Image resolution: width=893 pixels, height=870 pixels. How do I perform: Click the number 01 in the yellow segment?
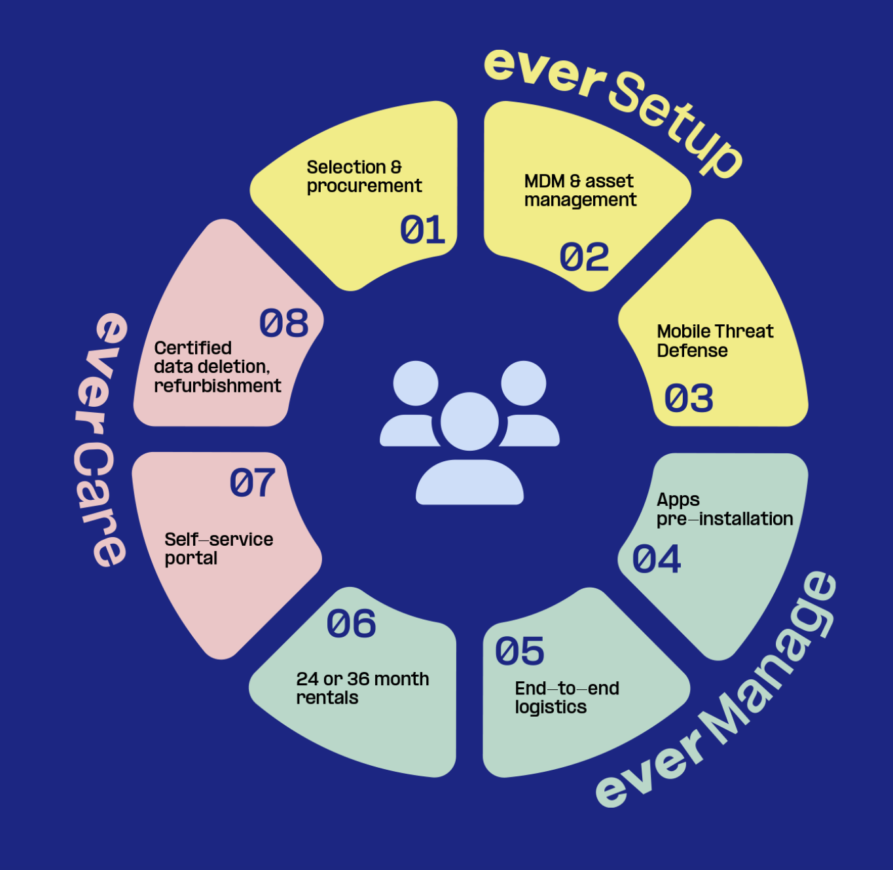pyautogui.click(x=422, y=230)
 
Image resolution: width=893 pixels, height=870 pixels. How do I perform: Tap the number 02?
pyautogui.click(x=584, y=257)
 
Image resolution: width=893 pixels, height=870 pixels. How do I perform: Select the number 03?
pyautogui.click(x=689, y=398)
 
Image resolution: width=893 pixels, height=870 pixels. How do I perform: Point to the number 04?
pyautogui.click(x=657, y=559)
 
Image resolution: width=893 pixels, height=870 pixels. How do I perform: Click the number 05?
pyautogui.click(x=520, y=651)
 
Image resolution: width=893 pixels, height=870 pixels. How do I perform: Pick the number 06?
pyautogui.click(x=352, y=624)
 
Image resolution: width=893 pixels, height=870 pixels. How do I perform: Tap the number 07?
pyautogui.click(x=253, y=483)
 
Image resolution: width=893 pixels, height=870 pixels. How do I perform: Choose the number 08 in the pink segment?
pyautogui.click(x=284, y=324)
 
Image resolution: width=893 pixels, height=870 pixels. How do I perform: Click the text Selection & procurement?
pyautogui.click(x=364, y=177)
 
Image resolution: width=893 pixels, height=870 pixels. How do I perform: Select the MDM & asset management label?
pyautogui.click(x=580, y=191)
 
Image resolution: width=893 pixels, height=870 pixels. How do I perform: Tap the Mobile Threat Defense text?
pyautogui.click(x=715, y=341)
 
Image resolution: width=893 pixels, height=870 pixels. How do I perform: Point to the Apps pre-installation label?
pyautogui.click(x=724, y=510)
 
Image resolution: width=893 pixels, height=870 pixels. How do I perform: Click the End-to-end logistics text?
pyautogui.click(x=566, y=698)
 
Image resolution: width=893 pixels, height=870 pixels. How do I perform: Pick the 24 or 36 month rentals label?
pyautogui.click(x=362, y=688)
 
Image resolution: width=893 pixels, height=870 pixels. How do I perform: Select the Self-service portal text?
pyautogui.click(x=219, y=549)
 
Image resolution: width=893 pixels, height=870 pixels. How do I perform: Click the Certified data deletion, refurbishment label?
pyautogui.click(x=217, y=367)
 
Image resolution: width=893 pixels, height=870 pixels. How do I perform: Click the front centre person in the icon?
pyautogui.click(x=469, y=452)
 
